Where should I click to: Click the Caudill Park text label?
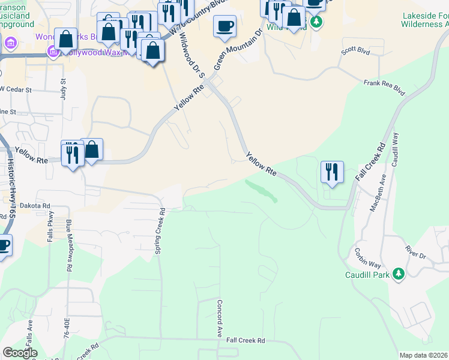tap(367, 275)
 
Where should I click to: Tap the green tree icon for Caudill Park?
tap(397, 275)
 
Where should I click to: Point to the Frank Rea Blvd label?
tap(384, 88)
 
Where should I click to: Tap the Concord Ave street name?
tap(220, 318)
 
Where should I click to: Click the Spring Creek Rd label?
tap(160, 231)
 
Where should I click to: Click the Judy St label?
tap(63, 90)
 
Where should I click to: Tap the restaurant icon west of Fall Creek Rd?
tap(332, 172)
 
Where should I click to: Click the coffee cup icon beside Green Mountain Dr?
tap(224, 26)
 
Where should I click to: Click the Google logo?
tap(20, 353)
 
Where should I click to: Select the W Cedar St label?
tap(16, 89)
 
